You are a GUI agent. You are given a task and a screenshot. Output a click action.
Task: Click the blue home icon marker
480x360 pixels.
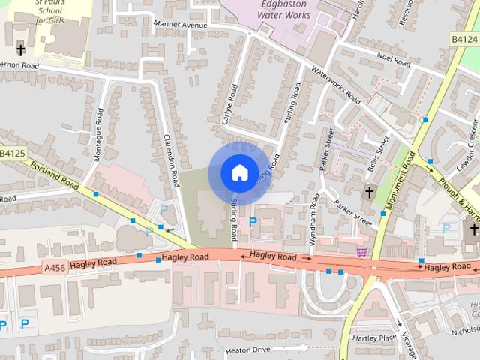pos(238,172)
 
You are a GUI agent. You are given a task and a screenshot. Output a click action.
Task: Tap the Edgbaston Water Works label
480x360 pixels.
pos(284,9)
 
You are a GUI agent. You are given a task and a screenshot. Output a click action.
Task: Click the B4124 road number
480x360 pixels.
pos(465,38)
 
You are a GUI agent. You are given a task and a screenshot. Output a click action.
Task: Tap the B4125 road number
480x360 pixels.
pos(13,154)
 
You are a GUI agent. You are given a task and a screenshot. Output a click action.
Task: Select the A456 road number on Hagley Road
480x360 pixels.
pos(55,266)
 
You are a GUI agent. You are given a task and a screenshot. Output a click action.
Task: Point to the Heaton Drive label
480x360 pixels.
pos(247,350)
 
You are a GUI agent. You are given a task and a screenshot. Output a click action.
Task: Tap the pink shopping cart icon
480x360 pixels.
pos(362,252)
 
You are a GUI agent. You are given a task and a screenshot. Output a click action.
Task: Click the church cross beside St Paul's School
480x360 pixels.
pos(21,51)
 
